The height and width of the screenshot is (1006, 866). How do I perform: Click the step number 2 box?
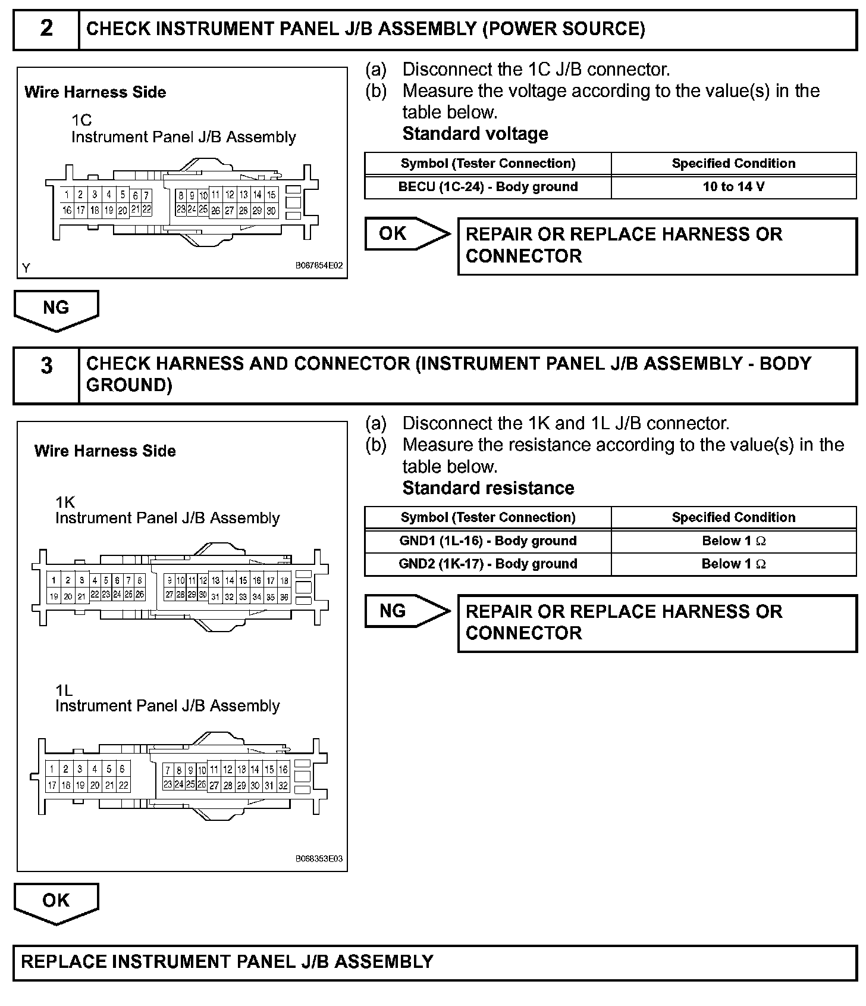46,29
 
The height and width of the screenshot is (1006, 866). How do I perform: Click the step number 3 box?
46,375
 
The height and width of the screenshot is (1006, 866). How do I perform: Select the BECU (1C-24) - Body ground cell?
488,187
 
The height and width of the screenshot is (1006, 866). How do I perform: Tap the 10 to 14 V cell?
733,187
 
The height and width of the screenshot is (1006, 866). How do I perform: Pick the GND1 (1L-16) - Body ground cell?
488,541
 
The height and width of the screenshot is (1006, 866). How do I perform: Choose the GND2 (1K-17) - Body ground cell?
488,564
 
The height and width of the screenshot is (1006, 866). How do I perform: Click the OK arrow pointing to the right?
407,234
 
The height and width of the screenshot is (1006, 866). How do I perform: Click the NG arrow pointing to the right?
407,611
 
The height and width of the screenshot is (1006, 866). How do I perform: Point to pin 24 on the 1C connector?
192,209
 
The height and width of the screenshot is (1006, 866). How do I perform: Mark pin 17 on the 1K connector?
271,580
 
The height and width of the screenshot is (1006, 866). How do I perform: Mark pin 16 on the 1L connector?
283,769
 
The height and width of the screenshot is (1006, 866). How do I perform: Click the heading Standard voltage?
475,134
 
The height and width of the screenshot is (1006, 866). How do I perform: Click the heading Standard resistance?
488,488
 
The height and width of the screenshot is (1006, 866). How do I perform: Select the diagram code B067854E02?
319,266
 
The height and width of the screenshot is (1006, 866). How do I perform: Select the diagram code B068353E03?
319,859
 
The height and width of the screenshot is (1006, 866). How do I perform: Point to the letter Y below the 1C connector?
26,268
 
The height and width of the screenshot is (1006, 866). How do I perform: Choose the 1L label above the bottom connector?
64,691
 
